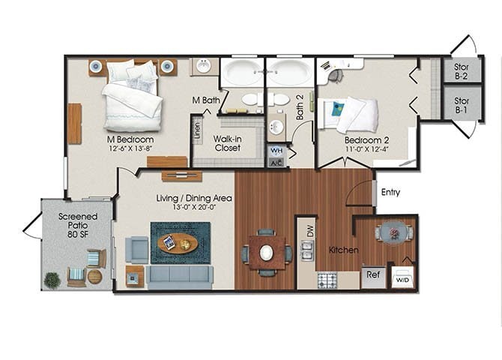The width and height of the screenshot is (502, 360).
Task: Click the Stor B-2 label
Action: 462,71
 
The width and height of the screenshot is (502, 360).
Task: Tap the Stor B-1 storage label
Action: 462,104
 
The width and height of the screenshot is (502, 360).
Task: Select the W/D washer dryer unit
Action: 403,277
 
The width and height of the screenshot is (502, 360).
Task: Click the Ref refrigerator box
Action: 373,276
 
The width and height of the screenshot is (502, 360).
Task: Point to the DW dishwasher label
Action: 308,232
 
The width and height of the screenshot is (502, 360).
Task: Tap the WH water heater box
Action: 276,150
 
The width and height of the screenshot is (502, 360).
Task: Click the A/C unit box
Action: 276,162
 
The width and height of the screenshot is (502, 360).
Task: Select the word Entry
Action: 390,193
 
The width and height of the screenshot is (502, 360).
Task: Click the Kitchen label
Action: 342,250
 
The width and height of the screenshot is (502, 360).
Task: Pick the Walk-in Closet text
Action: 226,142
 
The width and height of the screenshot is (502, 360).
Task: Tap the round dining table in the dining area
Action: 267,253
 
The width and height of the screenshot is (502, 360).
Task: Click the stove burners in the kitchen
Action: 327,280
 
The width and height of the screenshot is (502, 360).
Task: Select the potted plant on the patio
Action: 52,280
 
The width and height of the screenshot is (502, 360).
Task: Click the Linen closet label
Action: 197,128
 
